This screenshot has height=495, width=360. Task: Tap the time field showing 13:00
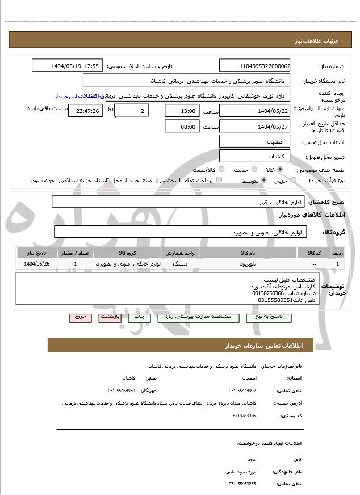pos(182,111)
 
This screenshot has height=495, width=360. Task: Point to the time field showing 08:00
pos(182,127)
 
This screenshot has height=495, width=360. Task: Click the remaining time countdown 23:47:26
pos(85,111)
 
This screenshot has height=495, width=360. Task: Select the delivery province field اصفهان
pos(254,141)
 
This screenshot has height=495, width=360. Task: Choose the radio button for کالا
pos(280,170)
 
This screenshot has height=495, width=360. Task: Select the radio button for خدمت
pos(253,170)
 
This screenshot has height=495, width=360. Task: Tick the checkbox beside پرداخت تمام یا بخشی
pos(219,180)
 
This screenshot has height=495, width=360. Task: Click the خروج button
pos(79,318)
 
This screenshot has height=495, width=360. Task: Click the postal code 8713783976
pos(244,416)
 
